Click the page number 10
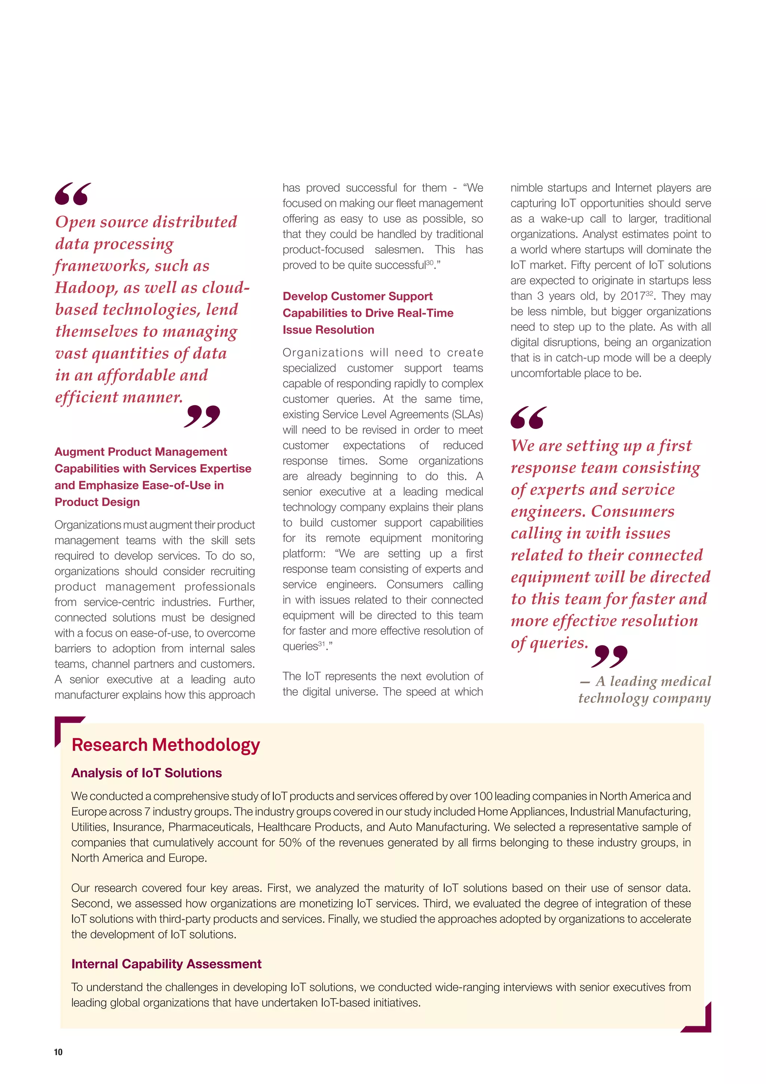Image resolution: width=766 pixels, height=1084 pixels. click(x=58, y=1051)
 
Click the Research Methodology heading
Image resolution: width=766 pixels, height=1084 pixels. click(x=166, y=745)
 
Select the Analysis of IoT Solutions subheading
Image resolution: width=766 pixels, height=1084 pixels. click(x=146, y=773)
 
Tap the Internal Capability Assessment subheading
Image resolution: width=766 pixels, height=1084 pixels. click(x=166, y=963)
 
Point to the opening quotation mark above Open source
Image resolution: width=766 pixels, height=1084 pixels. click(x=72, y=194)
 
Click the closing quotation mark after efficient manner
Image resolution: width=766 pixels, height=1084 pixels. click(x=202, y=416)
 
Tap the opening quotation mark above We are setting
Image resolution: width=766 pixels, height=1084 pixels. click(x=528, y=418)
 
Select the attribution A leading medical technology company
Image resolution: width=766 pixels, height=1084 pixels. click(x=645, y=689)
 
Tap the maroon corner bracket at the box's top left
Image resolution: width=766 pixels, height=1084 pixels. click(x=64, y=726)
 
